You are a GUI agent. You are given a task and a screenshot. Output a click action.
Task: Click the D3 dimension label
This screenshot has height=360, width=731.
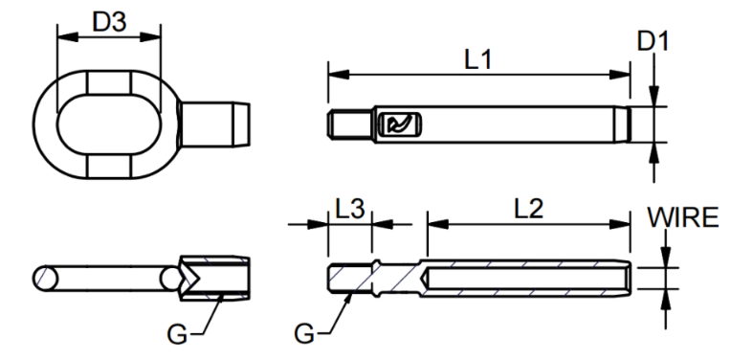point(109,21)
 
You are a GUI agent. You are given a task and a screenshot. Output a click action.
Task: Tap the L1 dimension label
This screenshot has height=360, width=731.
point(478,59)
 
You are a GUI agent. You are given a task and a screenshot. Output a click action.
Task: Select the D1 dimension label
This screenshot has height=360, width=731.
point(653,41)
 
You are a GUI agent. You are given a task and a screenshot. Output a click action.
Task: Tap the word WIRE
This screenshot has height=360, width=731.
point(683,216)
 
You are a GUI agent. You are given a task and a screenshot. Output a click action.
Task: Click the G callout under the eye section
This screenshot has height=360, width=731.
point(177,334)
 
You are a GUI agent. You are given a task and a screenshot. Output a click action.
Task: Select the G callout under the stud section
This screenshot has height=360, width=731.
point(304,334)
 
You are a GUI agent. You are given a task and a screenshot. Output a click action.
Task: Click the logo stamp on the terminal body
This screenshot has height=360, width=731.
point(399,124)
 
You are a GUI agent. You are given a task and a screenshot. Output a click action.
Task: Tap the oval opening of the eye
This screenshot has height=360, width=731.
point(110,124)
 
